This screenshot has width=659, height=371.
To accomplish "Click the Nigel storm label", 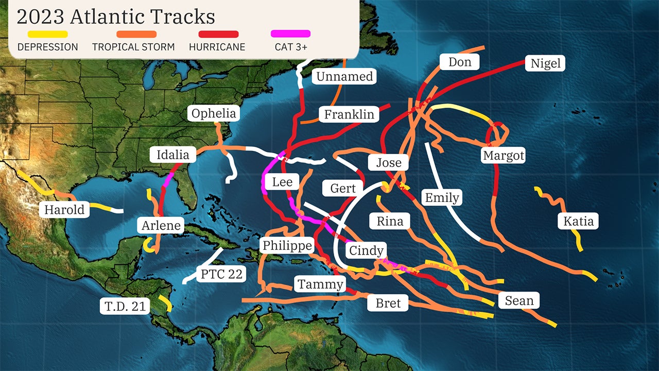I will (x=546, y=63).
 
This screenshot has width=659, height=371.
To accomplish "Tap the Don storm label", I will (x=460, y=62).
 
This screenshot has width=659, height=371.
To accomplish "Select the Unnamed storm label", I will (x=344, y=77).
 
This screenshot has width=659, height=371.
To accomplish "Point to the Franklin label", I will (x=349, y=114).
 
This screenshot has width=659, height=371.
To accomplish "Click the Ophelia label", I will (x=214, y=113).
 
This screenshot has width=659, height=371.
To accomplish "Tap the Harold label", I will (x=64, y=210).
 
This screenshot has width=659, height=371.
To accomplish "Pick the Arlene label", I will (x=161, y=225).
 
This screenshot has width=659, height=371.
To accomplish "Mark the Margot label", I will (x=504, y=155).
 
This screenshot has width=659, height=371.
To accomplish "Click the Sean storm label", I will (x=519, y=300).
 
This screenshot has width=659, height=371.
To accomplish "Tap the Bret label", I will (x=388, y=303).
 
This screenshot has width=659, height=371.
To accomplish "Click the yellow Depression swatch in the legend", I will (x=47, y=34).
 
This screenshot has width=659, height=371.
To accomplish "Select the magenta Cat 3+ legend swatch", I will (x=290, y=34).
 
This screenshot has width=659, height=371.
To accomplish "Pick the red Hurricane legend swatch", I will (x=219, y=34).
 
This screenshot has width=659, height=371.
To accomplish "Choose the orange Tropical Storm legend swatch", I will (x=136, y=34).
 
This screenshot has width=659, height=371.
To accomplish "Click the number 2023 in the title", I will (x=41, y=16).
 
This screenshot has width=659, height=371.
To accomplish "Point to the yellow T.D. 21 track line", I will (x=165, y=303).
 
